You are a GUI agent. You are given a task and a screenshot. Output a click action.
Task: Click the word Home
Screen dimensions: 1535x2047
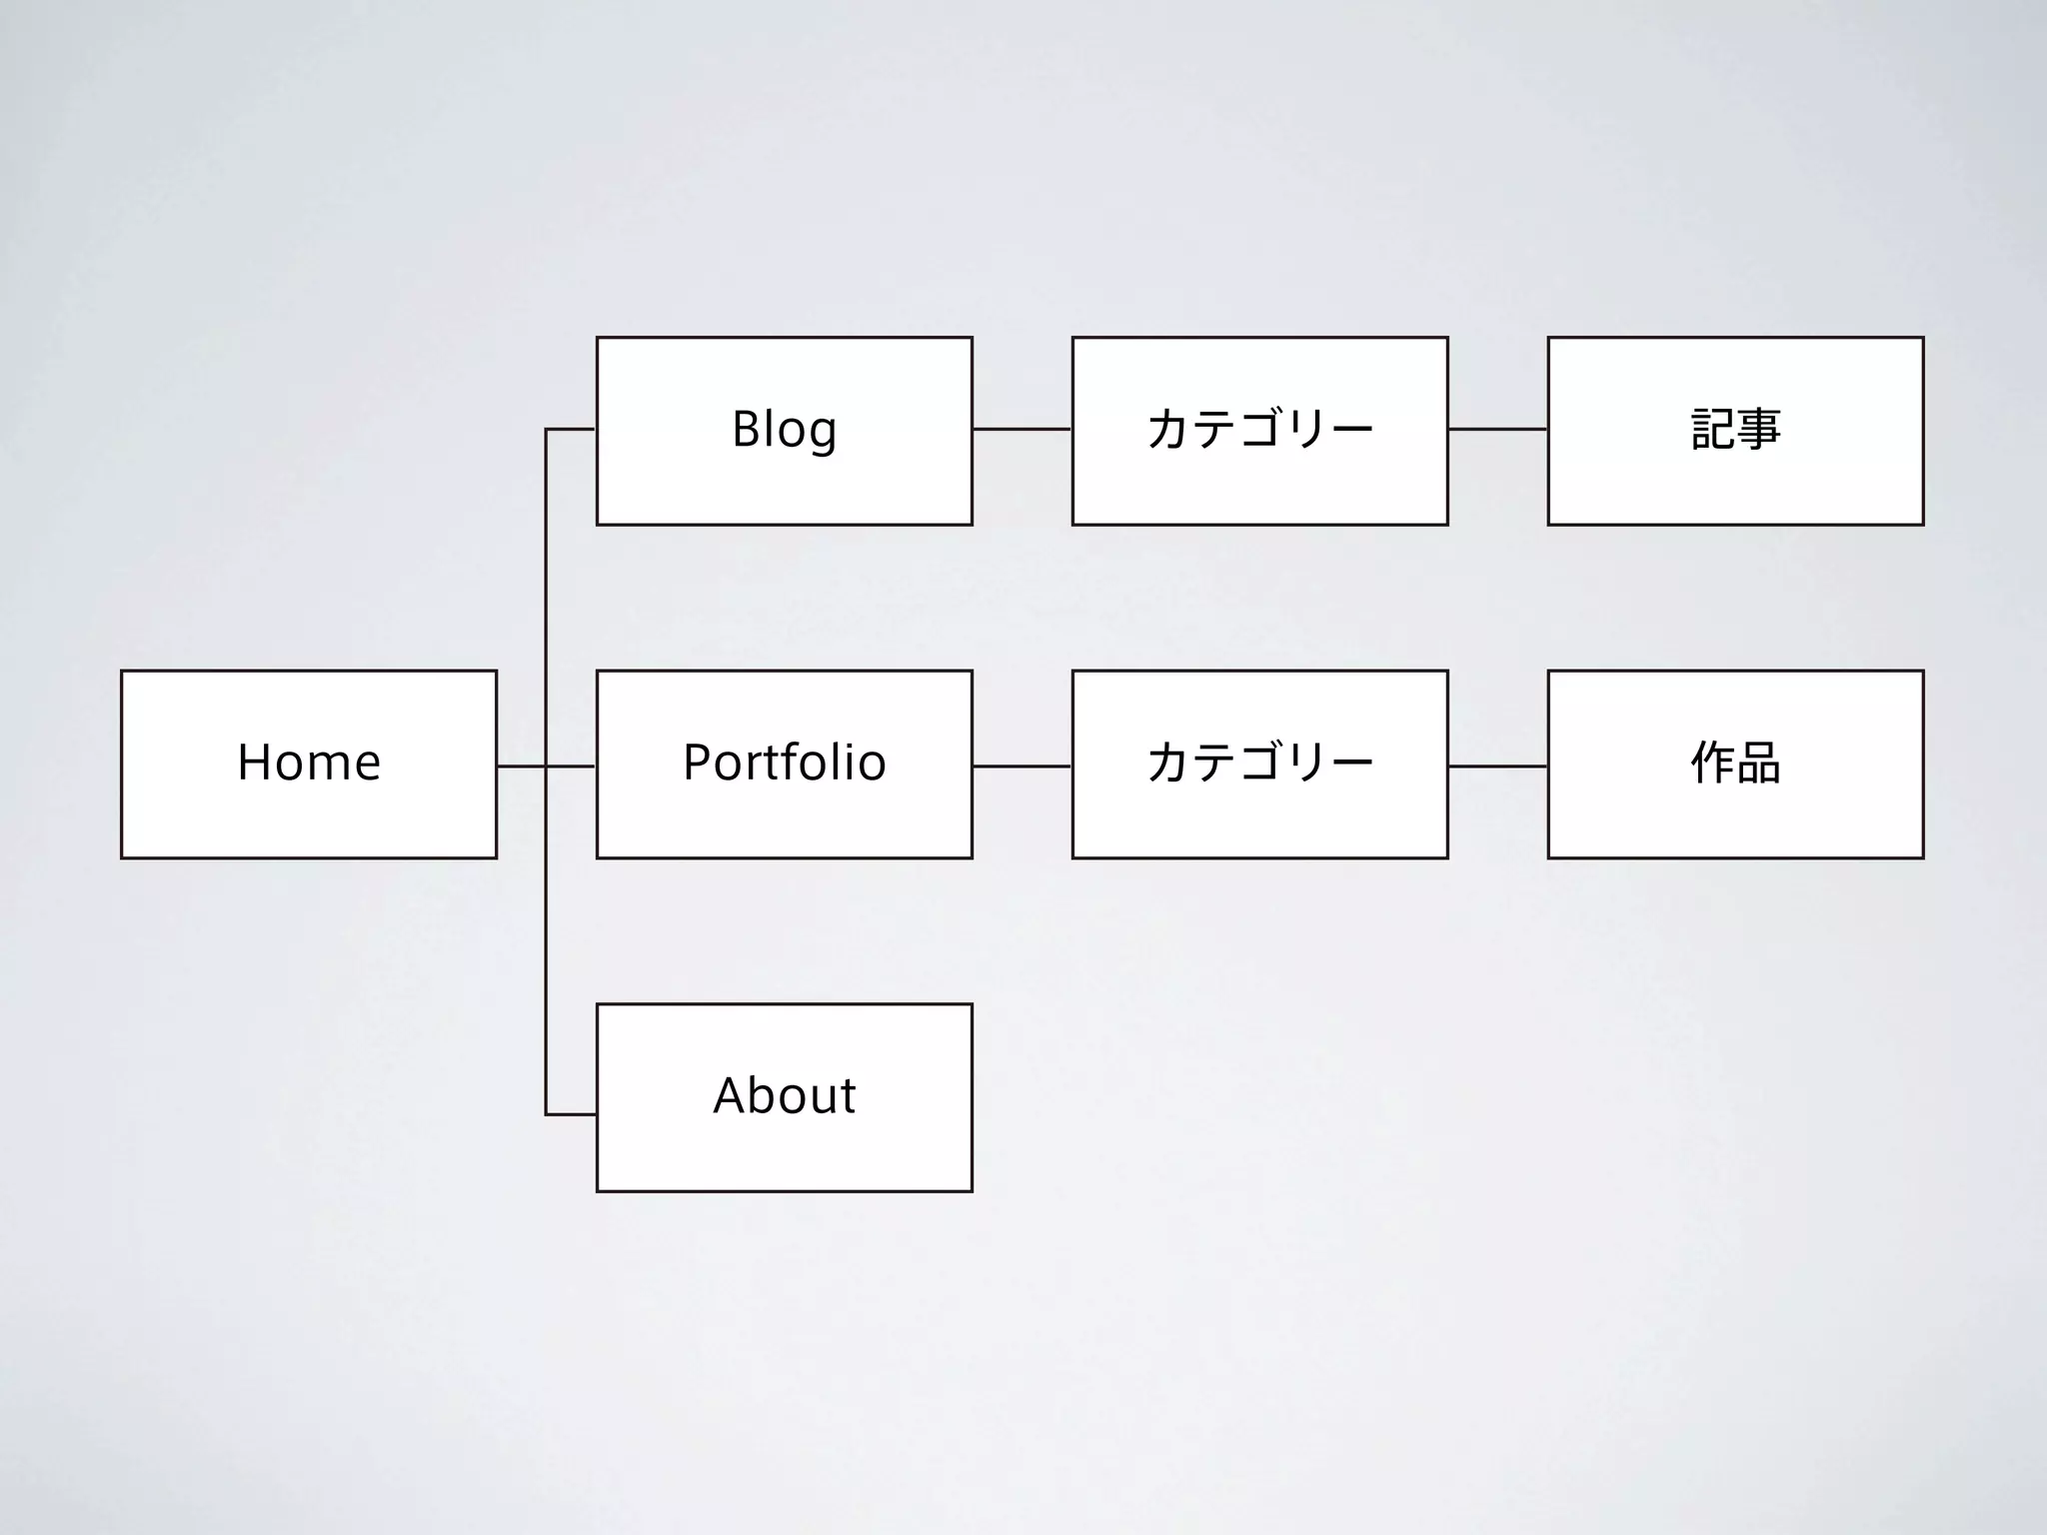[x=309, y=764]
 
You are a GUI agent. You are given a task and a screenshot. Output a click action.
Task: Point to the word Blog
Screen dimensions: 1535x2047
[x=784, y=430]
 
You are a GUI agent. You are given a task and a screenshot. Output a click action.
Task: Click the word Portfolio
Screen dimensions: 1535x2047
[x=784, y=764]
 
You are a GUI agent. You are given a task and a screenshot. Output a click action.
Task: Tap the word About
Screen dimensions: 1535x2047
[x=784, y=1096]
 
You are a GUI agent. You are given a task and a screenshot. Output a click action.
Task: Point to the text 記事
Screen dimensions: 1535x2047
[x=1735, y=430]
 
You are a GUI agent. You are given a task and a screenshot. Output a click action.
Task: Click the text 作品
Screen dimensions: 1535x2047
[x=1735, y=764]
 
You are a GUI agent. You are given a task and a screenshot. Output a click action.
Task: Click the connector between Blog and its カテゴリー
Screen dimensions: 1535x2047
[x=1022, y=430]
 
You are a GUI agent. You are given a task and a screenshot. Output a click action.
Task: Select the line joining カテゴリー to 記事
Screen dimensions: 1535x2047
[x=1497, y=430]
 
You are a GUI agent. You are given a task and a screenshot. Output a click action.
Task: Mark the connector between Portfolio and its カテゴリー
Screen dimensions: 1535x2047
[x=1022, y=767]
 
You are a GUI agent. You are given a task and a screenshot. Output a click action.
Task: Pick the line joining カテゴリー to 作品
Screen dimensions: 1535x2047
[x=1497, y=767]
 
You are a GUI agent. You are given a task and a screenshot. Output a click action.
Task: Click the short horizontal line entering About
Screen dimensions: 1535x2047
[x=571, y=1114]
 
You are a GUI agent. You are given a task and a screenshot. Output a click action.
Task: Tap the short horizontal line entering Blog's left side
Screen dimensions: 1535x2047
[x=571, y=430]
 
